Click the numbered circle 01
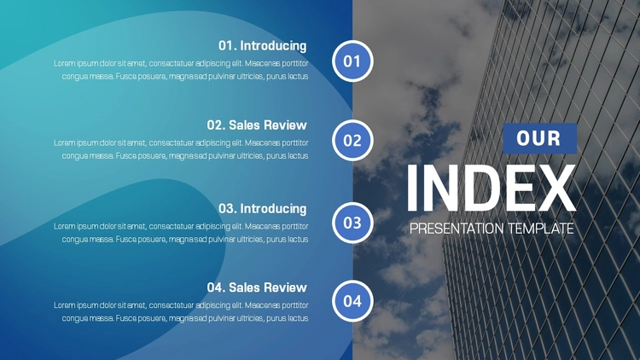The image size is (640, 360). coord(352,61)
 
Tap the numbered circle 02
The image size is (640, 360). coord(352,141)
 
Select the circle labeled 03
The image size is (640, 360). coord(352,223)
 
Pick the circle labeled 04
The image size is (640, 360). coord(352,301)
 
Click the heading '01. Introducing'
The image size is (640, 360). coord(263,46)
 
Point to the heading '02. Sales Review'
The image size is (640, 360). coord(257,125)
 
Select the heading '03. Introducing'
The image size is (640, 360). coord(263,208)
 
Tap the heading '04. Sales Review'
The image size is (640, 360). coord(257,287)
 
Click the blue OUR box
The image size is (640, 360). coord(539,138)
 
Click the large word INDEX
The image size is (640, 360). coord(491,188)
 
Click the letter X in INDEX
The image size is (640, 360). coord(555,188)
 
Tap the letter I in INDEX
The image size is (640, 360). coord(411,188)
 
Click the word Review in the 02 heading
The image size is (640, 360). coord(284,125)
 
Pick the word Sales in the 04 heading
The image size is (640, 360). coord(243,287)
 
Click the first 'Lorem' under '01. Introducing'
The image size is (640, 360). coord(64,64)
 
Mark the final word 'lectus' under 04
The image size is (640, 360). coord(298,318)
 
